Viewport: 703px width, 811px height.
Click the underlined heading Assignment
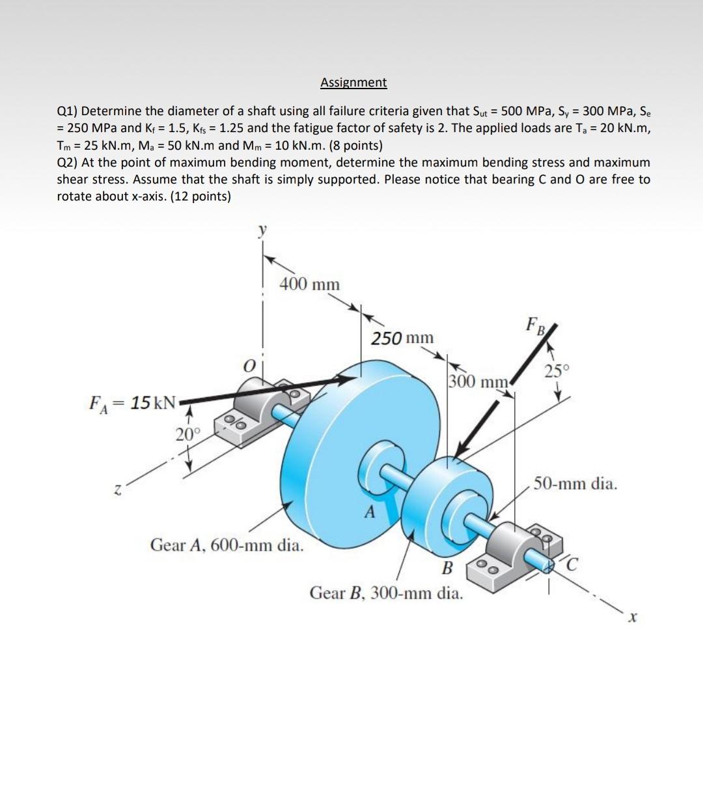(353, 83)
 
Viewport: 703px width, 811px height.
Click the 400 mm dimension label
(309, 284)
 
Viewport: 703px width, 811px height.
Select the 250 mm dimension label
(402, 338)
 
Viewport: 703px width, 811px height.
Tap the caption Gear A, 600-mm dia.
(227, 545)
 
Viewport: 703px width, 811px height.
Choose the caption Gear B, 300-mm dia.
(387, 593)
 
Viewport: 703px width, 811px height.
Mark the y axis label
(263, 232)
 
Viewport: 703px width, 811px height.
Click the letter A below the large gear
(370, 512)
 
